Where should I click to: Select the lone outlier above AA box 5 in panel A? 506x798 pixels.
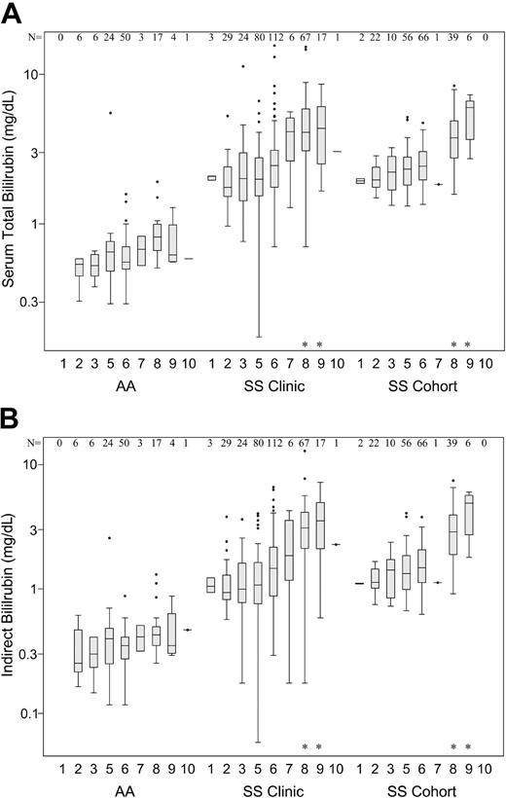click(x=110, y=113)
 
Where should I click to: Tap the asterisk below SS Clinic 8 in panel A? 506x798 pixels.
click(x=305, y=345)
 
